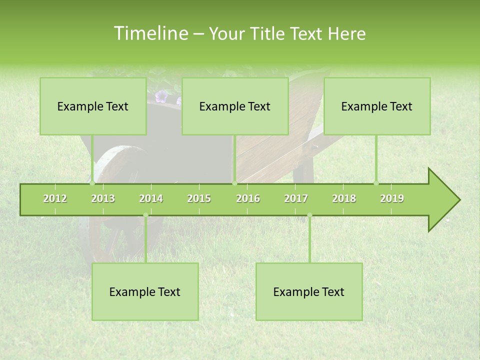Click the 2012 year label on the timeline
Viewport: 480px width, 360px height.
55,198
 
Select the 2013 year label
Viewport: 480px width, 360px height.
103,198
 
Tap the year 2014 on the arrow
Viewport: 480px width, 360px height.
151,198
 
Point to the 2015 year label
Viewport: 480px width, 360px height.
199,198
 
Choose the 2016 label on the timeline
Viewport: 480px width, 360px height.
248,198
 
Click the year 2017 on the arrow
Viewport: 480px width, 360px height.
296,198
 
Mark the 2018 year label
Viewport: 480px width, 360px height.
344,198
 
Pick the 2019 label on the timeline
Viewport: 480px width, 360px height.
392,198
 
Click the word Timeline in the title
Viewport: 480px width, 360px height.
150,33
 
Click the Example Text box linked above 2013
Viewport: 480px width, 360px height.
93,106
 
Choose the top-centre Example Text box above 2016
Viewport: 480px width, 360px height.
235,106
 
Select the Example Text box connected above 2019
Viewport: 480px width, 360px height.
377,106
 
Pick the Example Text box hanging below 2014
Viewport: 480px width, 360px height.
145,291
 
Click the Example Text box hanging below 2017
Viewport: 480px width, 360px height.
309,291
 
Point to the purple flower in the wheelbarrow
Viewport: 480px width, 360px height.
161,96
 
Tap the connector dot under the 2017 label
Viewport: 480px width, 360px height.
309,215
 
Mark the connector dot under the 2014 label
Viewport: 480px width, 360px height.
145,215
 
